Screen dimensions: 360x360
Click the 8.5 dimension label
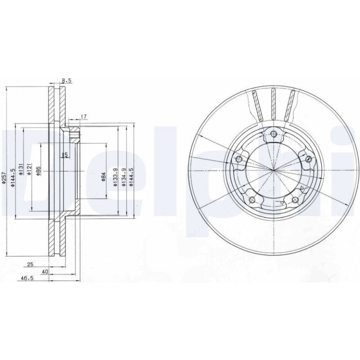click(67, 80)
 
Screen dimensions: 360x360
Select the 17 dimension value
click(84, 117)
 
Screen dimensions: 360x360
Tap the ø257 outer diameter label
click(4, 178)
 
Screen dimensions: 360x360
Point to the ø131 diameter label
click(21, 169)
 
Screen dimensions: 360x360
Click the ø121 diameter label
click(29, 169)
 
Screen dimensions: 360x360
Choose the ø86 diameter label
click(38, 171)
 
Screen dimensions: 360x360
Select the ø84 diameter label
click(103, 177)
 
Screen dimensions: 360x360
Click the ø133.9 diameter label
click(115, 177)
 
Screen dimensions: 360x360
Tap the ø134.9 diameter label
click(124, 177)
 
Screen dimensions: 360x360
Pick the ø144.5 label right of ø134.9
click(131, 177)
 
